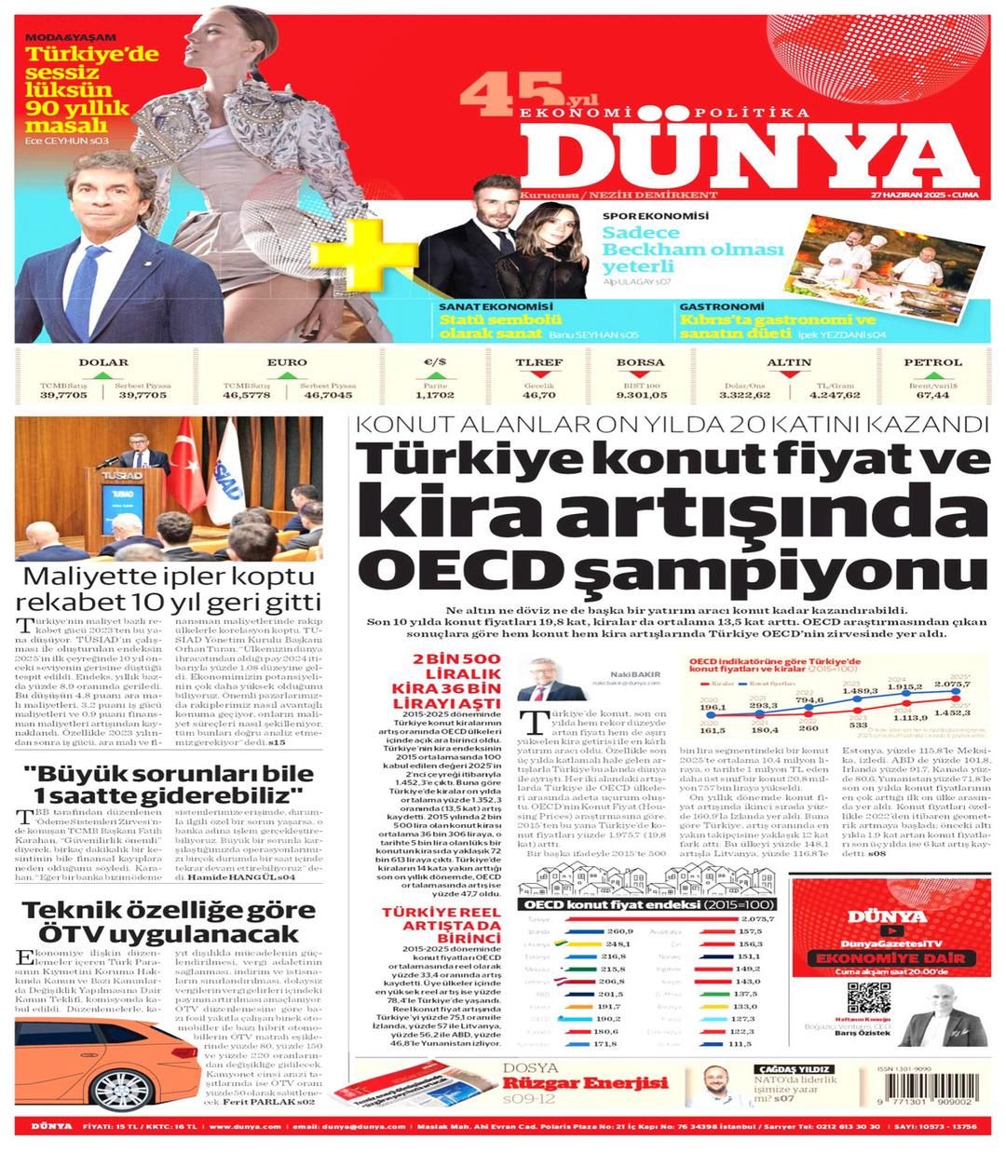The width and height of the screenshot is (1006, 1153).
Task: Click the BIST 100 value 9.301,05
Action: click(x=640, y=395)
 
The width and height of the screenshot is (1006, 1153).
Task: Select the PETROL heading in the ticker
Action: click(x=932, y=362)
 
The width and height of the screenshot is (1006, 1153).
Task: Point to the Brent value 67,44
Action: click(x=932, y=395)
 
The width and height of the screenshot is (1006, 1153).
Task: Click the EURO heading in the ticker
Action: click(x=287, y=362)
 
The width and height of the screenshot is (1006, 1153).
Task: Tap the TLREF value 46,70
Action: click(x=539, y=395)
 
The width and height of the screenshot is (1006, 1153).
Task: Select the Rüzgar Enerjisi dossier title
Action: click(x=586, y=1083)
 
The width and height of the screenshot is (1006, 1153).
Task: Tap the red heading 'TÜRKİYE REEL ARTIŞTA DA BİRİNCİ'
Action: click(x=439, y=932)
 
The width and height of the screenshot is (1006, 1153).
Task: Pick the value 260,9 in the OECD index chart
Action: click(x=619, y=931)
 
